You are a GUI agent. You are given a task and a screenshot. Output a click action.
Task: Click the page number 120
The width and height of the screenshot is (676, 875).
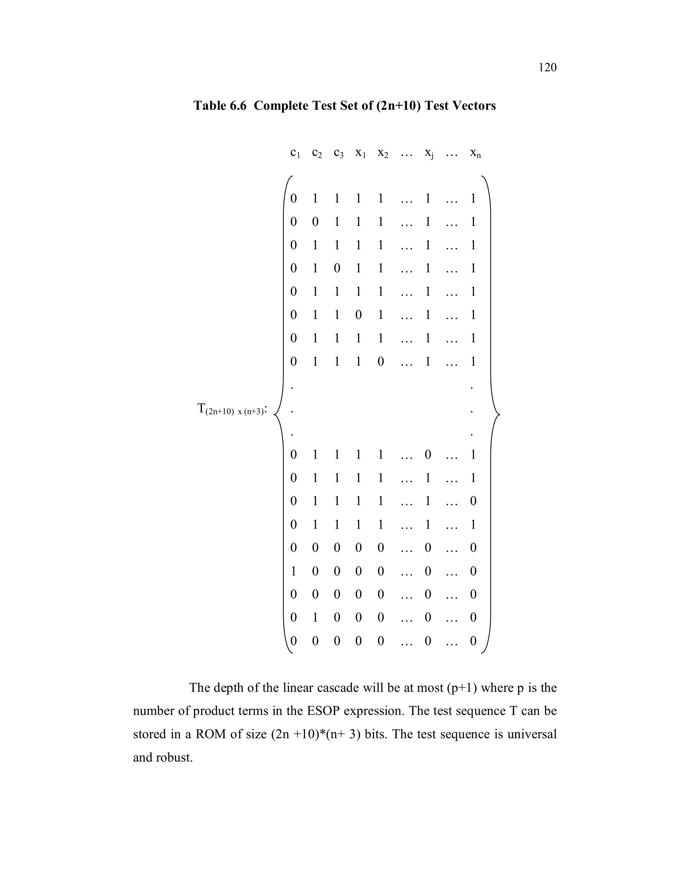pyautogui.click(x=548, y=67)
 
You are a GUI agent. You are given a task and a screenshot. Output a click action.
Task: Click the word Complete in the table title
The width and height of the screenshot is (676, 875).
pyautogui.click(x=285, y=106)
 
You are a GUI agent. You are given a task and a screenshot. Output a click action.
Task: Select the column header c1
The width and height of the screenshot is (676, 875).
pyautogui.click(x=295, y=153)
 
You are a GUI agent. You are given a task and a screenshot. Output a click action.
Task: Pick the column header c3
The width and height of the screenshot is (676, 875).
pyautogui.click(x=338, y=153)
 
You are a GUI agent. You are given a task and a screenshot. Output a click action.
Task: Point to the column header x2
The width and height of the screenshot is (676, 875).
pyautogui.click(x=383, y=153)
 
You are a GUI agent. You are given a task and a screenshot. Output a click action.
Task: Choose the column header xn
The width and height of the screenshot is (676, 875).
pyautogui.click(x=475, y=153)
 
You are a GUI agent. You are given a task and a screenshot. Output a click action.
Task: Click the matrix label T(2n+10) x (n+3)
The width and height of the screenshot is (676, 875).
pyautogui.click(x=231, y=409)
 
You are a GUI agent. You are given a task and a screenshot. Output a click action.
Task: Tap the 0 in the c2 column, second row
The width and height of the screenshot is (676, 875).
pyautogui.click(x=315, y=222)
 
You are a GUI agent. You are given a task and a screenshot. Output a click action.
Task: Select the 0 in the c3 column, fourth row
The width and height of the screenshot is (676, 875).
pyautogui.click(x=337, y=268)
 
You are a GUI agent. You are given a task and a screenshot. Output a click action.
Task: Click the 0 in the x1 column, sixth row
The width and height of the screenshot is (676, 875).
pyautogui.click(x=358, y=315)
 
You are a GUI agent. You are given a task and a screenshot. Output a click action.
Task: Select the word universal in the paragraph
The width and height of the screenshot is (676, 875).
pyautogui.click(x=532, y=734)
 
